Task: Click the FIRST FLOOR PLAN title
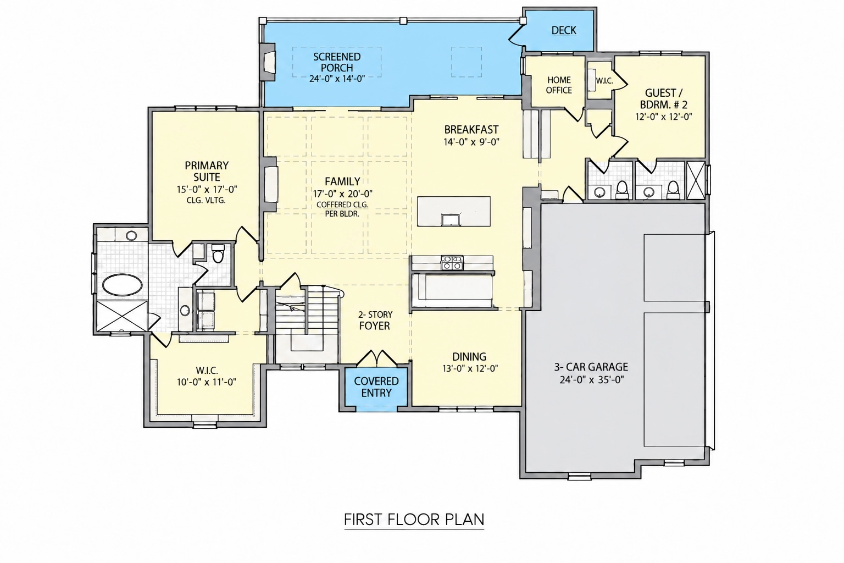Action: click(414, 520)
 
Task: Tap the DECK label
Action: click(564, 31)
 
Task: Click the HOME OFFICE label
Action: click(559, 85)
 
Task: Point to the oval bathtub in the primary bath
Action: click(123, 285)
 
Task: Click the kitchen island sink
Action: click(451, 219)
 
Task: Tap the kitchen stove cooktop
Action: click(452, 262)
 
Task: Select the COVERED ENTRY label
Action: click(376, 387)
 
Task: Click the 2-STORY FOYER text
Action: click(375, 321)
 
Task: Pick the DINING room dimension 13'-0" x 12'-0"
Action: click(470, 368)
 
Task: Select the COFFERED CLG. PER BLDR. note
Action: click(342, 209)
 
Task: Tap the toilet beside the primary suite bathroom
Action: click(218, 253)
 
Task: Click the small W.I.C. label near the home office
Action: click(604, 81)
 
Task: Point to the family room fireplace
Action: click(270, 185)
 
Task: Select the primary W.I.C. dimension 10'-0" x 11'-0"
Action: click(207, 382)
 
